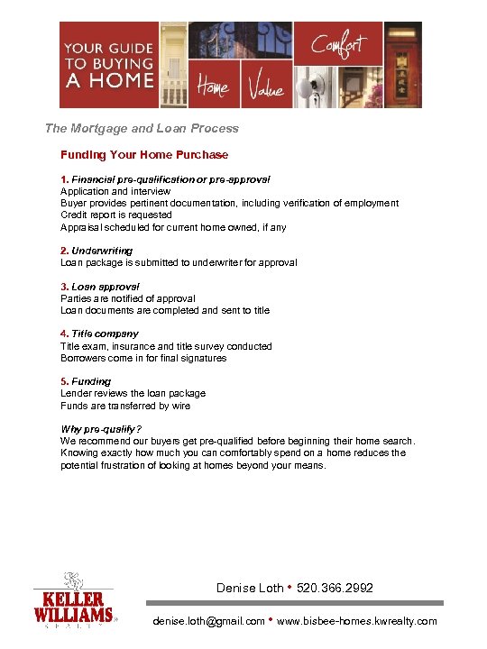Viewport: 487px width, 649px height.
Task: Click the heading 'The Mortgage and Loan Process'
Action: pos(142,129)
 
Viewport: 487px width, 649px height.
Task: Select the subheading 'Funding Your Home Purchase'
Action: pos(144,155)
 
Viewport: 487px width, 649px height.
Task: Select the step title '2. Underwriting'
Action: pos(96,251)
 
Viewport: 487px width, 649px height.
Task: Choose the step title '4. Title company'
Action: pos(99,334)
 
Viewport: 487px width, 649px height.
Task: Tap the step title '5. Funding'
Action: pos(86,381)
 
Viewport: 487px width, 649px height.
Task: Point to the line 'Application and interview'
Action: pos(115,191)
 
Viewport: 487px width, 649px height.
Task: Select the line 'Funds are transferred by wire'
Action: pos(125,406)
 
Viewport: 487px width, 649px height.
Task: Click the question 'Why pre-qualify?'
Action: pos(101,429)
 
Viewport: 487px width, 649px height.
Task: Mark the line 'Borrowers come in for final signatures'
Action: pos(143,358)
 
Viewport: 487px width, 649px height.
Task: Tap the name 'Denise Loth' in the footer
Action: pos(250,588)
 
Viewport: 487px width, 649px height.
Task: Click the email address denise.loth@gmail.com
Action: pos(209,621)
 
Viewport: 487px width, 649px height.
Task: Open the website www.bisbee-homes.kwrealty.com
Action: pos(357,621)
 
